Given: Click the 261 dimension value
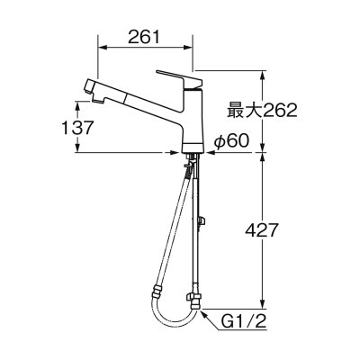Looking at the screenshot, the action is (x=144, y=37).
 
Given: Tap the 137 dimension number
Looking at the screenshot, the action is (x=76, y=128).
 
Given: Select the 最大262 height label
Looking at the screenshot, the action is (x=262, y=110).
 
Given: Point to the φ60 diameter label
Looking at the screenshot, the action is (x=231, y=140).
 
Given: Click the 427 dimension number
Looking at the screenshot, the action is (x=260, y=230).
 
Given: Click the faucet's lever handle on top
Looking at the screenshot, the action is (x=179, y=77).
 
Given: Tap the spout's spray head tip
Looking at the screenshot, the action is (x=89, y=86).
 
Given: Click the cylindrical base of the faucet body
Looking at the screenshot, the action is (x=193, y=148).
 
